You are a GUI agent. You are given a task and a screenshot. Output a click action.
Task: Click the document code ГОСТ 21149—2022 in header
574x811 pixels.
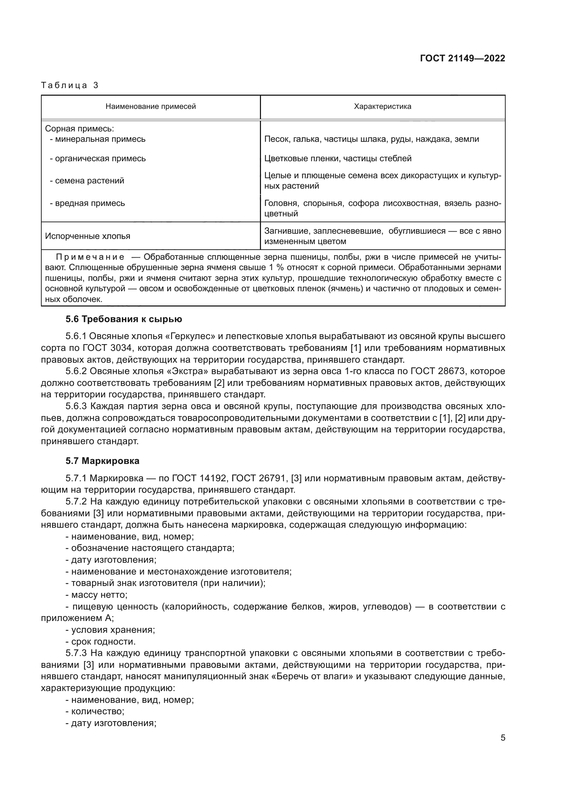(x=462, y=58)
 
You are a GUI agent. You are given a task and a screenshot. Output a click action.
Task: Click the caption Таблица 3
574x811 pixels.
(x=70, y=85)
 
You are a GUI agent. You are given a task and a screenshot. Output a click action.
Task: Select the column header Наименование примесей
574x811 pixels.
(x=151, y=107)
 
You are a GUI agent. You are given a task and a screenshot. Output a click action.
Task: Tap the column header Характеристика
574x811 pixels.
(x=382, y=107)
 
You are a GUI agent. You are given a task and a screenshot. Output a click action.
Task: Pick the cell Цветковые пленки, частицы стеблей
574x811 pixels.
(x=338, y=158)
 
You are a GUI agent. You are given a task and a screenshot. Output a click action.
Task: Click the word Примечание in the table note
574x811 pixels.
(x=90, y=257)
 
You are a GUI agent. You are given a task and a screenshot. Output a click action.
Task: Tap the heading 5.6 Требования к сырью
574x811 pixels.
(x=124, y=319)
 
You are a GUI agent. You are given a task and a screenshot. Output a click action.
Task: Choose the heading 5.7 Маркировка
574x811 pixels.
(x=102, y=461)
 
